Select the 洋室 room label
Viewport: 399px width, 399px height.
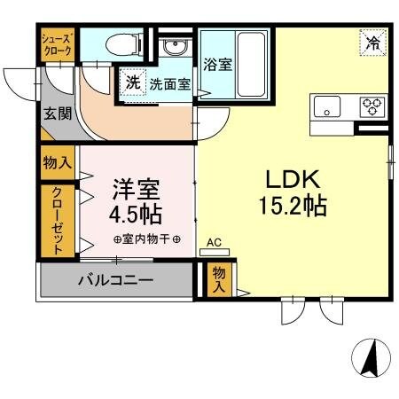coord(135,189)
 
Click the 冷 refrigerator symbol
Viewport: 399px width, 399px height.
coord(373,42)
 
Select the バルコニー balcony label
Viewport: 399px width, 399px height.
coord(115,281)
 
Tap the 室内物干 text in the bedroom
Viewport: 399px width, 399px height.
coord(147,240)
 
